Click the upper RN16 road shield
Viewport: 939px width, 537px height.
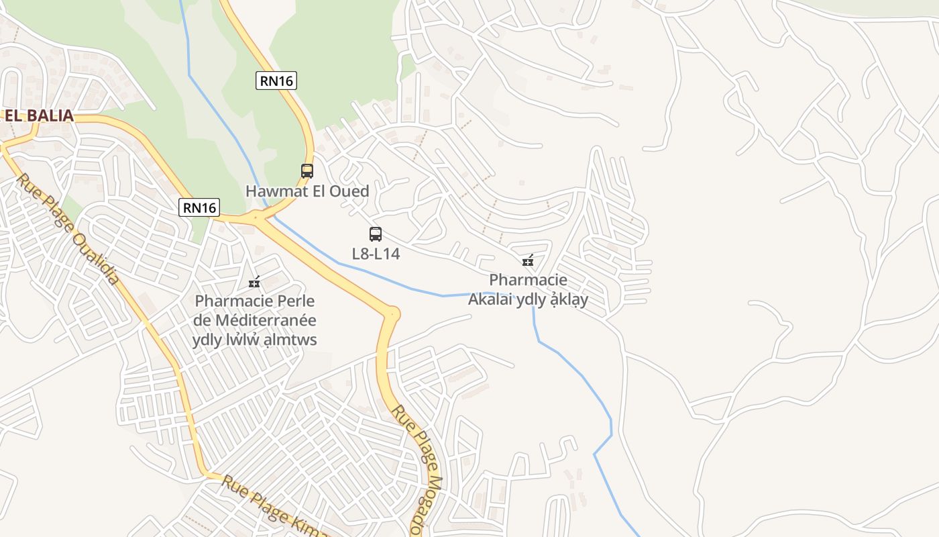point(276,81)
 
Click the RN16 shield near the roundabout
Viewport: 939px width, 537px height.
point(200,207)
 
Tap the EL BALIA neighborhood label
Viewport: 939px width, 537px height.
point(39,115)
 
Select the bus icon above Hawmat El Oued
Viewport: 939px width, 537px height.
point(307,170)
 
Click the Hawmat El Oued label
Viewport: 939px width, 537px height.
point(307,191)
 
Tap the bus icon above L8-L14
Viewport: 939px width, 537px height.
point(376,234)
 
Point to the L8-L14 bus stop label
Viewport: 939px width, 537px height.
point(376,254)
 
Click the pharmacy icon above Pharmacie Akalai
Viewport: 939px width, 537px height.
point(528,260)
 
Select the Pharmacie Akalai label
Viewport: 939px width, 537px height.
point(528,289)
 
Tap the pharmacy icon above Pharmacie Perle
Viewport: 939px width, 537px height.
point(254,282)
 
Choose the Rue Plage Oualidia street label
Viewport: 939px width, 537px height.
point(67,228)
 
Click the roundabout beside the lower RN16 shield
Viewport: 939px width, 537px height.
point(256,217)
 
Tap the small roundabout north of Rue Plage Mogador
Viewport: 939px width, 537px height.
point(392,313)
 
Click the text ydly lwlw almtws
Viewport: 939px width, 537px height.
point(255,340)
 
